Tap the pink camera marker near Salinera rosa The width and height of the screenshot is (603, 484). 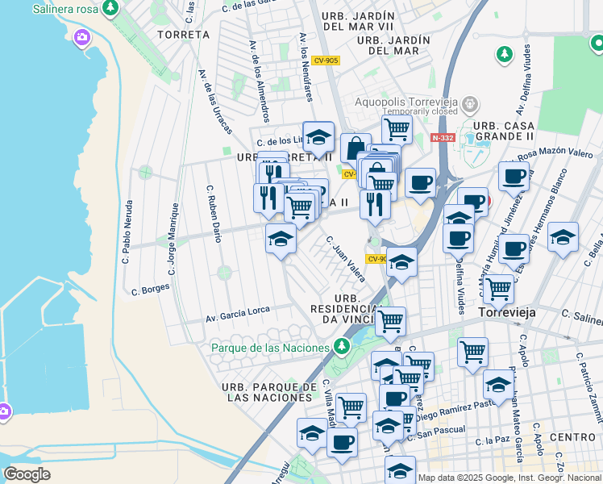(81, 37)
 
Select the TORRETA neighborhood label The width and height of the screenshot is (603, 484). (184, 35)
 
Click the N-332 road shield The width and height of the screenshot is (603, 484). (443, 138)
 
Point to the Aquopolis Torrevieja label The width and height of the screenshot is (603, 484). (407, 103)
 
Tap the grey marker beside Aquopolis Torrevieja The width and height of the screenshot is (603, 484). (471, 104)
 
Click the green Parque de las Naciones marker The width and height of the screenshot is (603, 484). (342, 347)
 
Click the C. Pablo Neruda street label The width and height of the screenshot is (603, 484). (127, 232)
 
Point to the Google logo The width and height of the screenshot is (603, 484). (27, 474)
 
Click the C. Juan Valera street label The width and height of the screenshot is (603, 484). (345, 258)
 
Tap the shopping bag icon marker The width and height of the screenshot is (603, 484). (356, 148)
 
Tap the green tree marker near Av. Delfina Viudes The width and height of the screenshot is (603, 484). (505, 54)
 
